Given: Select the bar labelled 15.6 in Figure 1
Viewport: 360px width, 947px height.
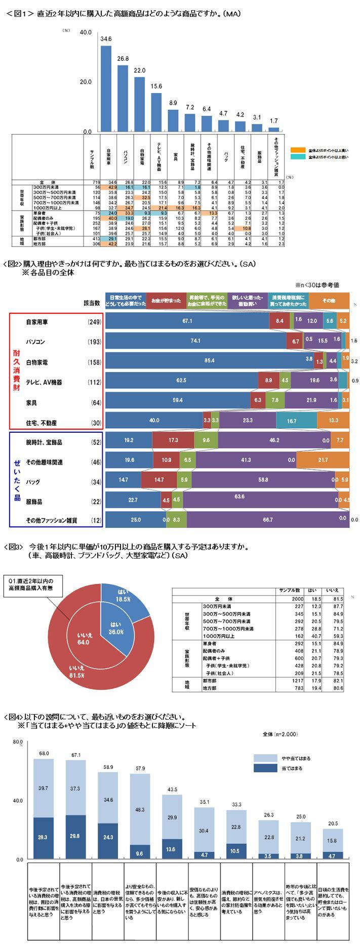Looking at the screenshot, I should tap(156, 112).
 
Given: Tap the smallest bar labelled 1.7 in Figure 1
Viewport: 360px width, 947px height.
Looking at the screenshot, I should tap(274, 129).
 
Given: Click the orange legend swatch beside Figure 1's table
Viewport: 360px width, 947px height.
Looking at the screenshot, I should tap(298, 150).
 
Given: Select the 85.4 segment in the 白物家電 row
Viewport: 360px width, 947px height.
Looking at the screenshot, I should tap(209, 360).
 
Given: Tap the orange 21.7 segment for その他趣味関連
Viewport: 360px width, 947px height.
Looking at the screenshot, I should tap(323, 460).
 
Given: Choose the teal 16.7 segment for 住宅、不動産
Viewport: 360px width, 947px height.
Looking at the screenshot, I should tap(296, 420).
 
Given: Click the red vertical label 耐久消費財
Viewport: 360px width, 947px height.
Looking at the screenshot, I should tap(17, 371).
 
